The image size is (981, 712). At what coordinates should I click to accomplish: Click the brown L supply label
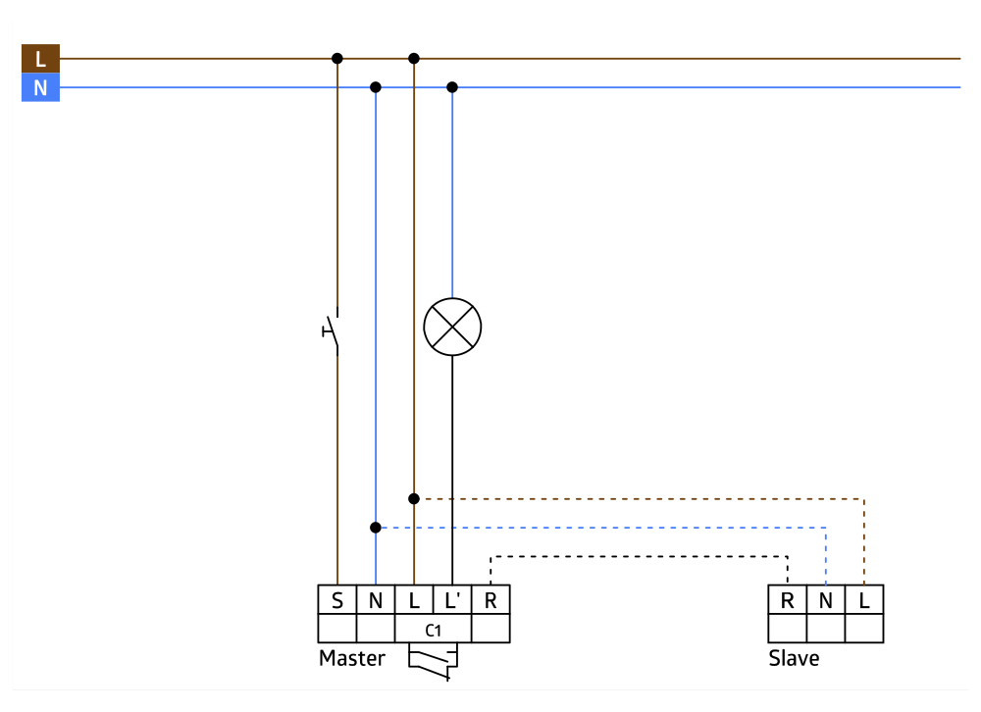pos(40,59)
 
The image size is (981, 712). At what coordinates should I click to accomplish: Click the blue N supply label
pos(40,88)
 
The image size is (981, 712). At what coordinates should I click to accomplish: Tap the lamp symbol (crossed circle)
pos(452,327)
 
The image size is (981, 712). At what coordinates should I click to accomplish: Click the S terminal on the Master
pos(337,600)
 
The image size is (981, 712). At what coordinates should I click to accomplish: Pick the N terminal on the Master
pos(376,600)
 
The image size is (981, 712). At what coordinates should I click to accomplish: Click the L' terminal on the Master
pos(452,600)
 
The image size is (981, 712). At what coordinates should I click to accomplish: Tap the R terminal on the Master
pos(490,600)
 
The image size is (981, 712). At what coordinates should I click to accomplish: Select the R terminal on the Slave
pos(787,600)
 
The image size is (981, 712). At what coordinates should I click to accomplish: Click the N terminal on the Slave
pos(825,600)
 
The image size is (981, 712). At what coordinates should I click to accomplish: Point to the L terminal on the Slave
pos(863,600)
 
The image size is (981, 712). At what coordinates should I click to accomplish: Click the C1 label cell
pos(433,629)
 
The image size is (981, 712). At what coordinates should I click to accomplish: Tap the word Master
pos(352,658)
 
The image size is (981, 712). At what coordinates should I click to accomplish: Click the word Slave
pos(794,658)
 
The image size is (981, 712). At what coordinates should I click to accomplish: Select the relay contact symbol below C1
pos(433,663)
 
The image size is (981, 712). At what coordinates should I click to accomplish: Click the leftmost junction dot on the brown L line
pos(337,59)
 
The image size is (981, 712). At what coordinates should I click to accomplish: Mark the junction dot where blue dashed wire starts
pos(376,528)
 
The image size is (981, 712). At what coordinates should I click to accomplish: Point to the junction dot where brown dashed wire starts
pos(414,498)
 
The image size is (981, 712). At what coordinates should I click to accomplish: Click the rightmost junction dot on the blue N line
pos(452,87)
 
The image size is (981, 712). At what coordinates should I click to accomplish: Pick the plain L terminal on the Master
pos(414,600)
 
